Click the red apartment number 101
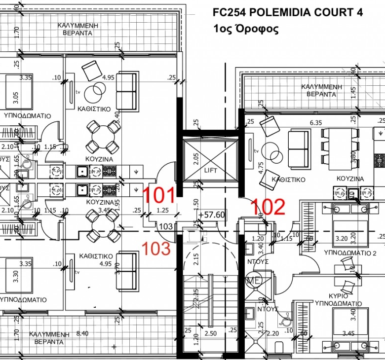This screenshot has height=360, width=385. tap(159, 196)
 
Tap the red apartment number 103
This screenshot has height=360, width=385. tap(156, 248)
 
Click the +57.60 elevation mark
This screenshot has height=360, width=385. tap(212, 215)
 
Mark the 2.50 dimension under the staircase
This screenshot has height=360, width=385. tap(210, 334)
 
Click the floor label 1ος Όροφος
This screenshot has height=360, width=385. tap(246, 29)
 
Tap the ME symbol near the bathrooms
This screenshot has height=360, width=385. tap(255, 281)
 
